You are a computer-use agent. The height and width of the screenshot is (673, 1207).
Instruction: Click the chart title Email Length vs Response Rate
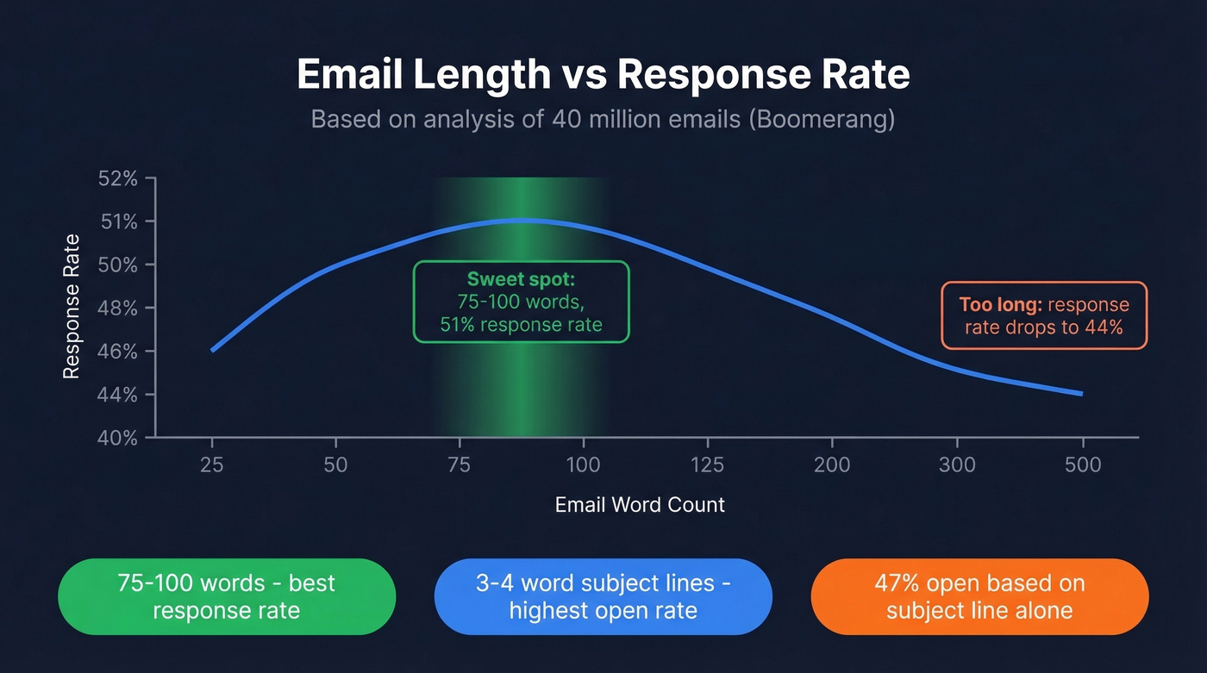(603, 76)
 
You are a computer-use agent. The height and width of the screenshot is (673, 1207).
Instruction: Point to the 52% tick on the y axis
(118, 179)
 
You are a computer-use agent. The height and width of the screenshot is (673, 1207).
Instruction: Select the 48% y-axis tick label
(118, 308)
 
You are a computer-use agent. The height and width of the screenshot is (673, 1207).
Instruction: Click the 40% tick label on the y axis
(118, 439)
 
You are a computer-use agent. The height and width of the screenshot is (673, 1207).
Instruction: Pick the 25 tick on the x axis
(211, 465)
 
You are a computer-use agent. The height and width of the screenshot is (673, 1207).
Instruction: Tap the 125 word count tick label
(707, 465)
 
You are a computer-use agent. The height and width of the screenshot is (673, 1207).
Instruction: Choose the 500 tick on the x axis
(1082, 465)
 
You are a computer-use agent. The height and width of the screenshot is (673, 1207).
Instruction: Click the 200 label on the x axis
(831, 465)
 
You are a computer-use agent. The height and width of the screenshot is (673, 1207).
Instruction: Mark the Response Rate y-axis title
(72, 307)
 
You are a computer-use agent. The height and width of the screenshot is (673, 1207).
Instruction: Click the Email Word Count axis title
(640, 505)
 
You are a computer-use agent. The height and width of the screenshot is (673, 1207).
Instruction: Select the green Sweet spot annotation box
(521, 302)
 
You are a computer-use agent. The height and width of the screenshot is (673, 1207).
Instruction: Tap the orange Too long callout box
(1043, 315)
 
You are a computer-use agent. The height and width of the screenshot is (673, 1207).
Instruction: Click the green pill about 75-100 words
(226, 596)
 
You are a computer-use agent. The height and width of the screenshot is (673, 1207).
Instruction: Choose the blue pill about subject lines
(603, 596)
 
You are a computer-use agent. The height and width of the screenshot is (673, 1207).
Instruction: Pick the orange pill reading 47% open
(979, 596)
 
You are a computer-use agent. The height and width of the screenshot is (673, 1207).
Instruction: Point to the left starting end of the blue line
(212, 350)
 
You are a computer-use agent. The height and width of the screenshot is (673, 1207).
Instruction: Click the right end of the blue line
(1081, 394)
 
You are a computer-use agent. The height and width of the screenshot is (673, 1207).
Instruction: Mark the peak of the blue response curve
(517, 220)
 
